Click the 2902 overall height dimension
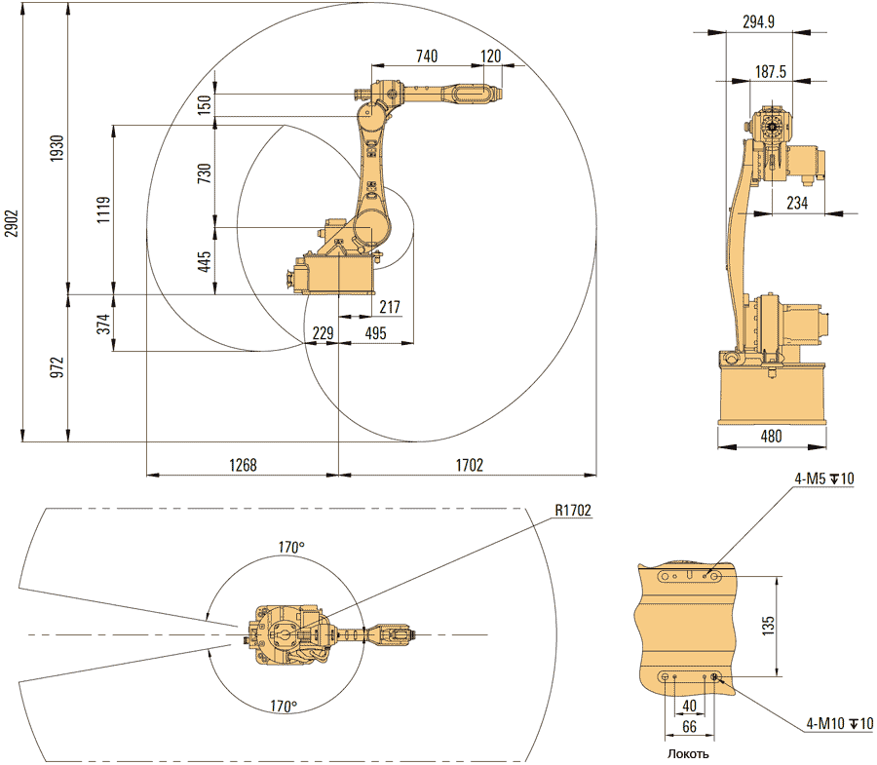coord(11,223)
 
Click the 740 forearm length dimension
coord(426,57)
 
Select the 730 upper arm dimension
coord(205,172)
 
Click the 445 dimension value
coord(205,261)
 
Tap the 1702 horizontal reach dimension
coord(469,466)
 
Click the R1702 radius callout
coord(573,510)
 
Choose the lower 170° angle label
coord(284,706)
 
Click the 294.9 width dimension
coord(757,21)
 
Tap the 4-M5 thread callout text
coord(824,478)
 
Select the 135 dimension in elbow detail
coord(768,623)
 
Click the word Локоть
coord(688,753)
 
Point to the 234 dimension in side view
coord(798,202)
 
